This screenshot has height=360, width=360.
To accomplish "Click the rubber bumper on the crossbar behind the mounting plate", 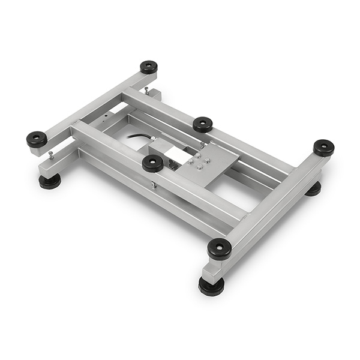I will (x=203, y=124).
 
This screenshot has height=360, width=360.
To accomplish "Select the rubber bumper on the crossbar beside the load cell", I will (x=152, y=163).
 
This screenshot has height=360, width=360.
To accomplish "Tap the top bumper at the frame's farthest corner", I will (x=149, y=67).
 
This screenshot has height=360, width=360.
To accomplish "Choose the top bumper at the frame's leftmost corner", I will (x=37, y=139).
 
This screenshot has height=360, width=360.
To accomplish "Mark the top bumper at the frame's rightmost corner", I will (x=323, y=147).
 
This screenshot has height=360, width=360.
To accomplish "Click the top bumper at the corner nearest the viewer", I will (x=219, y=248).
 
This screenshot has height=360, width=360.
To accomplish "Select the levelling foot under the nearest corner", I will (x=211, y=286).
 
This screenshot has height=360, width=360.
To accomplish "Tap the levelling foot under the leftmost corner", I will (x=50, y=181).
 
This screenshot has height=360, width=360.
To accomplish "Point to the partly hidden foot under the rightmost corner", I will (x=313, y=188).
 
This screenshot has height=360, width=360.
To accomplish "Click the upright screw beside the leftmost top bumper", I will (x=50, y=155).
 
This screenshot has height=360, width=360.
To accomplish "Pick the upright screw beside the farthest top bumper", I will (x=146, y=91).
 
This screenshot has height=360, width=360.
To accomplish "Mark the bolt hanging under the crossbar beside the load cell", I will (x=154, y=185).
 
